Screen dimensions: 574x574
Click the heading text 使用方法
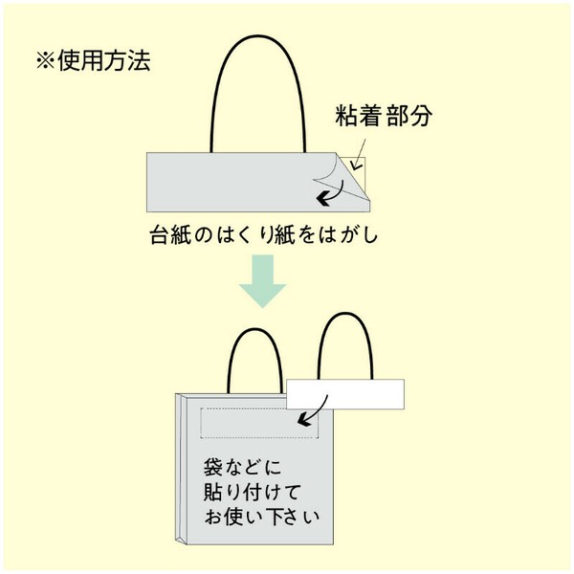coord(104,60)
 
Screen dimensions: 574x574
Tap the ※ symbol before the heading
coord(45,61)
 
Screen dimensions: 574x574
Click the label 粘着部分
coord(384,116)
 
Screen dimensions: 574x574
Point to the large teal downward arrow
coord(262,281)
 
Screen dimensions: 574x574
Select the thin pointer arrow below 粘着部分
coord(359,155)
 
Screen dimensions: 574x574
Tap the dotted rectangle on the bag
coord(259,423)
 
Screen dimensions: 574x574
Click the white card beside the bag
coord(345,394)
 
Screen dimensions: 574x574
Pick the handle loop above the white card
coord(345,314)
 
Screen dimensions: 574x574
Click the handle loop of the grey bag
coord(255,330)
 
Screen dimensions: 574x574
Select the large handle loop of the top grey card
coord(258,36)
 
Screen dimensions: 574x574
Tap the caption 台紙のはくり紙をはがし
coord(264,235)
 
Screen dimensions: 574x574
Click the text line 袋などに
coord(242,468)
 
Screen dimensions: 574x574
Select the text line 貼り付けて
coord(253,493)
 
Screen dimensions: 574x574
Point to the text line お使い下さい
coord(262,517)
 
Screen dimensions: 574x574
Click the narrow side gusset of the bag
coord(181,469)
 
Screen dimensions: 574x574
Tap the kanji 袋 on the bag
coord(213,468)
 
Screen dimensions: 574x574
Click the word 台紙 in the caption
coord(170,235)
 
